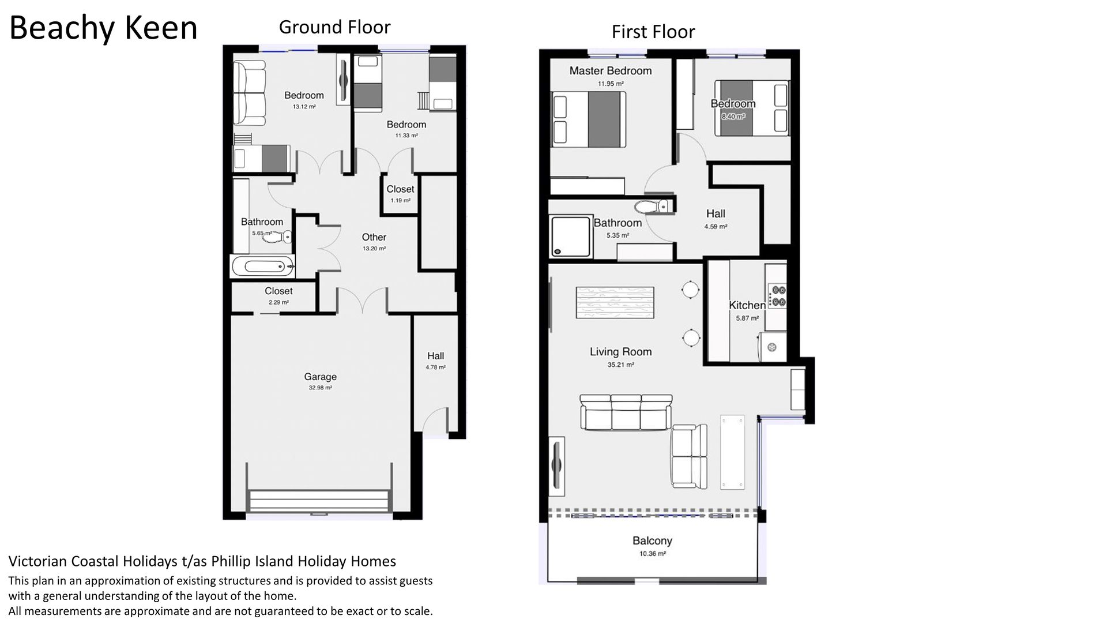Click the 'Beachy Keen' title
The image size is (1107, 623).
point(103,28)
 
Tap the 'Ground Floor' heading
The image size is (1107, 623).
point(334,27)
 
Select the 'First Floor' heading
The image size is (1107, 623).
point(653,32)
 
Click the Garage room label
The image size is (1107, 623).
point(320,377)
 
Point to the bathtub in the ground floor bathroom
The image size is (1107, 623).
point(263,267)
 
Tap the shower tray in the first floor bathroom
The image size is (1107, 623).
point(571,236)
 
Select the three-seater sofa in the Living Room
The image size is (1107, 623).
point(626,412)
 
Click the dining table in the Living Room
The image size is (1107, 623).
point(615,302)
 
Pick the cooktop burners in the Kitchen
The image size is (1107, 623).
point(778,295)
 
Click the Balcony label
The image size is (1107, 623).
point(652,541)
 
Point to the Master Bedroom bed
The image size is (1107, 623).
point(589,120)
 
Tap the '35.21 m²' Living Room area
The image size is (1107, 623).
point(620,365)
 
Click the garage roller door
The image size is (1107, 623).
point(318,501)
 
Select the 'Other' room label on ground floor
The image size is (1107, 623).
point(374,237)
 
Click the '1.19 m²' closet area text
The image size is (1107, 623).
point(400,201)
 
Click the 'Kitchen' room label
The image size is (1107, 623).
point(747,305)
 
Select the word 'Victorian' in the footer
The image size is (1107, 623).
point(34,561)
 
